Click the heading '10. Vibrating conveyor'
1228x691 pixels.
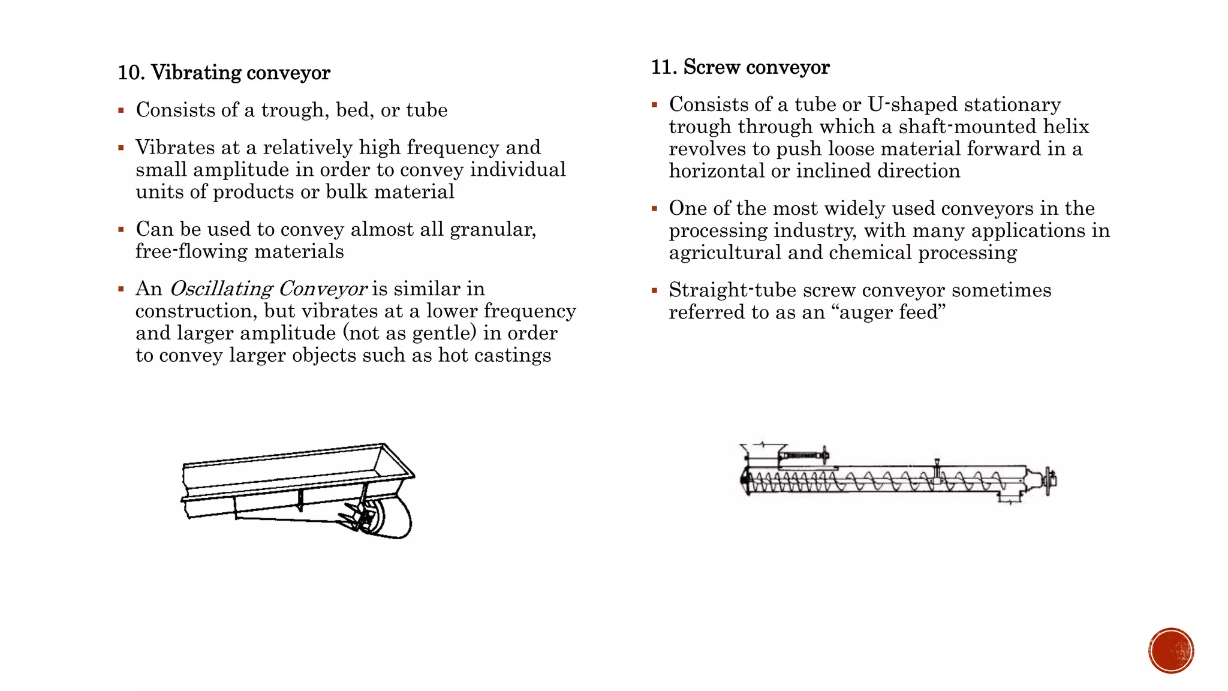coord(224,73)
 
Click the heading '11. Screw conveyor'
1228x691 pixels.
coord(740,67)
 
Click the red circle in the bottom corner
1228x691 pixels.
coord(1171,650)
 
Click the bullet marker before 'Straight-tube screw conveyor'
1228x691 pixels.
coord(654,291)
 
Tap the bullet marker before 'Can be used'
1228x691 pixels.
coord(121,230)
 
